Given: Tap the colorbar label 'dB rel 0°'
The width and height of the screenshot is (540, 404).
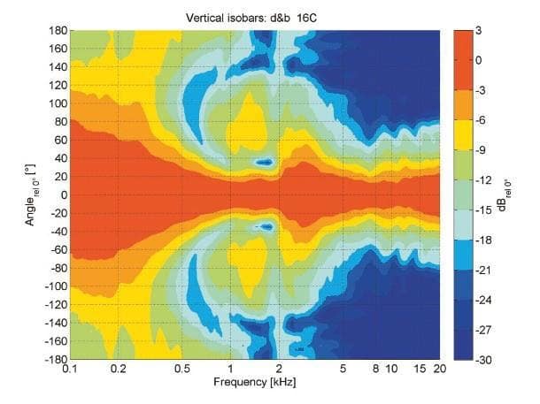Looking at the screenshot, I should [506, 194].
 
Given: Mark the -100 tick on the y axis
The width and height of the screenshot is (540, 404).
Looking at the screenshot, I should [55, 286].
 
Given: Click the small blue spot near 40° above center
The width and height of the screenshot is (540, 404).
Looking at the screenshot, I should [265, 162].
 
